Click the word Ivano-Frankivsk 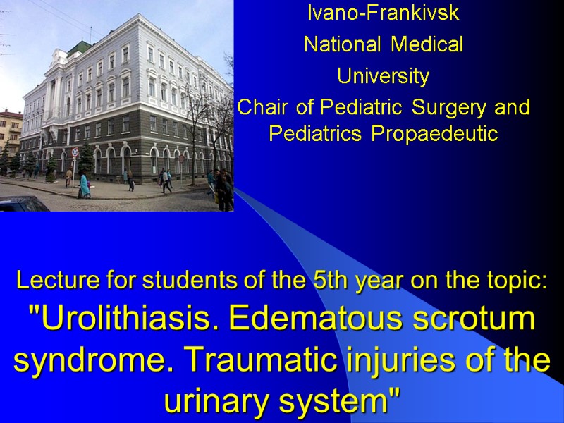pyautogui.click(x=383, y=13)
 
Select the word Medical pyautogui.click(x=427, y=45)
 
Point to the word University pyautogui.click(x=383, y=75)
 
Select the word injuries pyautogui.click(x=403, y=361)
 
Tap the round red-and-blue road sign pyautogui.click(x=75, y=152)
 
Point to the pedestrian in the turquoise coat pyautogui.click(x=84, y=185)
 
